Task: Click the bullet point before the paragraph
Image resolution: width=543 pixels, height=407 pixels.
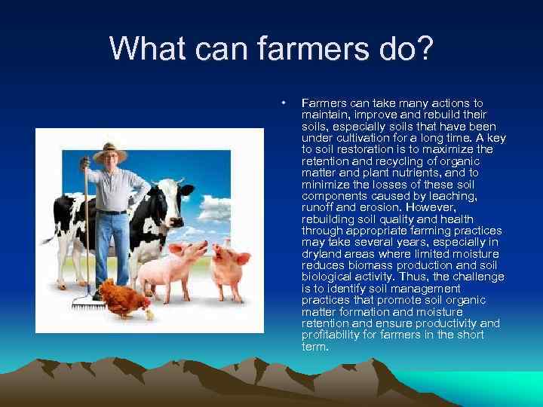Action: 282,101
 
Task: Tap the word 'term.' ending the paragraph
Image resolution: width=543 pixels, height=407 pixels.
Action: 314,347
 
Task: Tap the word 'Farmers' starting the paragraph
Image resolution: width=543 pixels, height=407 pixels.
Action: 322,101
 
